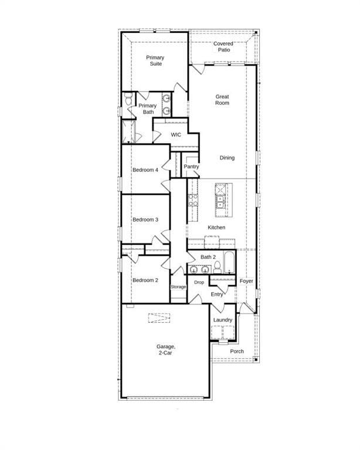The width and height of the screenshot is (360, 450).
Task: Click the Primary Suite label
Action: pos(155,60)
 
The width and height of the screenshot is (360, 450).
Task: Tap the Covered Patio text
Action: pos(223,47)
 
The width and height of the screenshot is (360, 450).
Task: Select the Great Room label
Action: pos(222,100)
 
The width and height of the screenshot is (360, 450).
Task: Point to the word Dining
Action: pos(227,158)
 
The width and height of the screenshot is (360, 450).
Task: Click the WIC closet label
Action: pos(176,135)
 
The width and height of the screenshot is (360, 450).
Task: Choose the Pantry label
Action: pos(191,166)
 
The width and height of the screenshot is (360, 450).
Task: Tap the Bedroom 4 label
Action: pos(145,170)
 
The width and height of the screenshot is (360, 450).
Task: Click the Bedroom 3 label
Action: pos(145,220)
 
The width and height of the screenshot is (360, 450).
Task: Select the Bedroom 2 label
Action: pos(145,280)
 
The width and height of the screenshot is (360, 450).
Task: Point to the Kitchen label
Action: pos(216,227)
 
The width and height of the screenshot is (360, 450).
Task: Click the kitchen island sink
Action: pos(221,202)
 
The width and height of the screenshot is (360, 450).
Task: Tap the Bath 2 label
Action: pos(209,257)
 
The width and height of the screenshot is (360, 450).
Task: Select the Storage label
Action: pos(178,287)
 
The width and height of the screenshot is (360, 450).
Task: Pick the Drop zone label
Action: pos(199,282)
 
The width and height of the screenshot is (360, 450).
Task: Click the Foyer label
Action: pos(246,281)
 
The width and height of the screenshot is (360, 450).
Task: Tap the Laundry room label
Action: pos(223,320)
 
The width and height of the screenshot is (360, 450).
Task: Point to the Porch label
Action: pos(237,352)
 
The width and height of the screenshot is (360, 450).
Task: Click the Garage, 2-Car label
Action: pos(166,350)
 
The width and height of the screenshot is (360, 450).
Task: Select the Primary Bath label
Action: pos(148,109)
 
